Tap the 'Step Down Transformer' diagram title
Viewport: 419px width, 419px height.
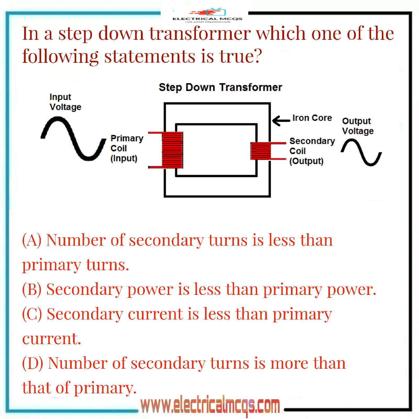click(220, 87)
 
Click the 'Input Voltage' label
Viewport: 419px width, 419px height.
click(65, 102)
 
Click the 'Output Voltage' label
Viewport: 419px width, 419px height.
click(357, 126)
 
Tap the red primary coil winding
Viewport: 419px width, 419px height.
click(172, 150)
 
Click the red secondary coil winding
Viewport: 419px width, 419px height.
click(261, 151)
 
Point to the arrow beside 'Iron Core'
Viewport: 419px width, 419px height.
click(281, 120)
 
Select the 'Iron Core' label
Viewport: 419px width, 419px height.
click(312, 118)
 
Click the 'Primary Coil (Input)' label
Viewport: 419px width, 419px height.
click(126, 148)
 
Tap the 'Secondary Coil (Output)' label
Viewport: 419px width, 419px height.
click(312, 151)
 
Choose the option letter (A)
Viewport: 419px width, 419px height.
click(32, 240)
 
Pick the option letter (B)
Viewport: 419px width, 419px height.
click(32, 289)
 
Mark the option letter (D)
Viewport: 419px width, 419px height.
click(32, 363)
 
